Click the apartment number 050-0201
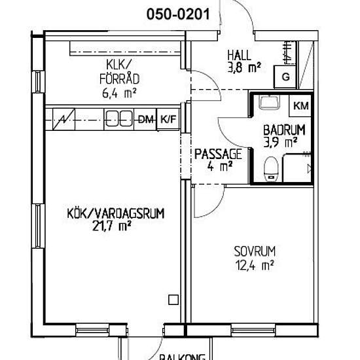[178, 14]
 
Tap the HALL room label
[240, 55]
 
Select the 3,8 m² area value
[244, 67]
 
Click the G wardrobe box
[285, 77]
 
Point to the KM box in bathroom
[301, 106]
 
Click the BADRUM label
[284, 130]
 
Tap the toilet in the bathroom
[271, 169]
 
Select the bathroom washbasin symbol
[269, 102]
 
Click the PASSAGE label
[218, 154]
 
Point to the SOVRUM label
[255, 251]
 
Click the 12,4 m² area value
[255, 265]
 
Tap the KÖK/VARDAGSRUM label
[116, 213]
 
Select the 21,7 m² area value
[111, 226]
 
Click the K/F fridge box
[168, 119]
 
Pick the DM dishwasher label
[146, 119]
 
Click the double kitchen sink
[119, 119]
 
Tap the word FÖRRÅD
[119, 79]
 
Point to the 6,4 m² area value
[119, 93]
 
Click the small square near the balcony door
[173, 300]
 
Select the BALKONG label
[183, 357]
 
